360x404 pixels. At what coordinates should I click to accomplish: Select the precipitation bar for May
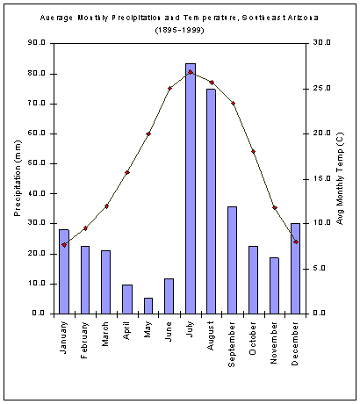pos(148,306)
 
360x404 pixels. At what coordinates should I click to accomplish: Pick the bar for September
pos(233,260)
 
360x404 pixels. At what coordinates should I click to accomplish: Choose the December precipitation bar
pos(296,268)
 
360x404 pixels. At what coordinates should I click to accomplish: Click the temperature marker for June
pos(169,89)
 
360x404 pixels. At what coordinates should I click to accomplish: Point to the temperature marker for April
pos(127,172)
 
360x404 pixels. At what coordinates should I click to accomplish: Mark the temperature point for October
pos(254,152)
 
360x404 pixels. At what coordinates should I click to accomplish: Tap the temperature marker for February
pos(85,227)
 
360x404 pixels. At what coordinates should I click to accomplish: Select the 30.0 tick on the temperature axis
pos(321,43)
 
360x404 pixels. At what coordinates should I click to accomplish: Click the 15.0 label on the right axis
pos(321,178)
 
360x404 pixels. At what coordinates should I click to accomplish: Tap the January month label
pos(64,338)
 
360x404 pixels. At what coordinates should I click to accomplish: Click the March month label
pos(106,335)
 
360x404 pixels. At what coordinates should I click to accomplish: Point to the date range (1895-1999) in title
pos(180,30)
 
